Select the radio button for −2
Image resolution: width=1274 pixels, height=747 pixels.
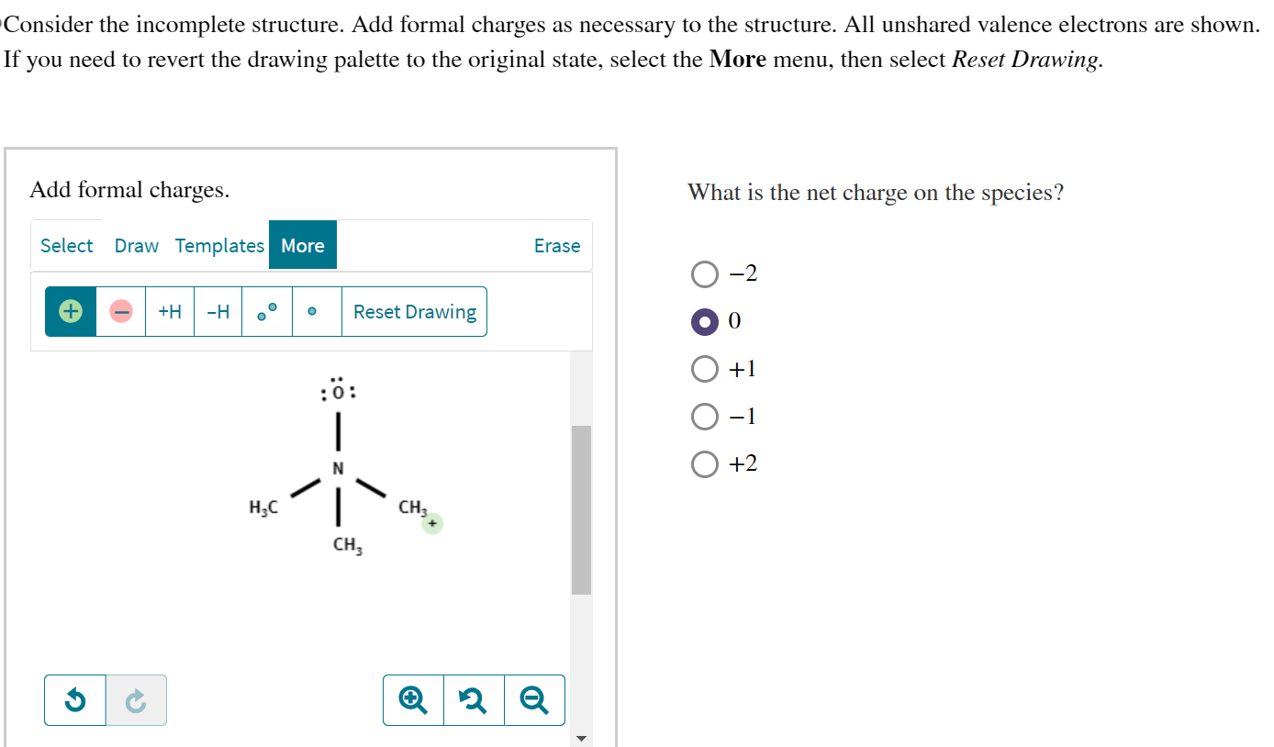point(705,274)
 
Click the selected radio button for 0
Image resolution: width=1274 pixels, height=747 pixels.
point(705,322)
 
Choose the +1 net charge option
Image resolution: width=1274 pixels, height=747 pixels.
point(705,370)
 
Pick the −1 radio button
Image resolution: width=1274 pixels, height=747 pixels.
point(705,418)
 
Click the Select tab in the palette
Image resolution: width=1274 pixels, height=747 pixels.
point(66,246)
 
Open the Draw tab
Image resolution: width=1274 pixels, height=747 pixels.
point(136,246)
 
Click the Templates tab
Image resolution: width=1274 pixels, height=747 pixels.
point(219,246)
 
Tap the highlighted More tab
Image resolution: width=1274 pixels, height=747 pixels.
point(303,246)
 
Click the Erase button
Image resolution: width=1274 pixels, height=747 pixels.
point(557,246)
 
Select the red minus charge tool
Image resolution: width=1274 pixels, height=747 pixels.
point(121,312)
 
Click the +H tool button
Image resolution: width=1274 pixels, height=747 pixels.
point(170,312)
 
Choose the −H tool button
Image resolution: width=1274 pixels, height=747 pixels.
point(218,312)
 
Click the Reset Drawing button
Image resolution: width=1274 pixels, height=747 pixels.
point(415,312)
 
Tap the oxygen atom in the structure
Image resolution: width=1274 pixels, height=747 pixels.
point(338,394)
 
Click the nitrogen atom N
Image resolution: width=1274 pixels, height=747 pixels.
point(338,469)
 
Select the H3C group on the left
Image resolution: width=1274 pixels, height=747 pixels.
point(263,507)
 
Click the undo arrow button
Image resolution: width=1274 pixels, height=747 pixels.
point(75,701)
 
